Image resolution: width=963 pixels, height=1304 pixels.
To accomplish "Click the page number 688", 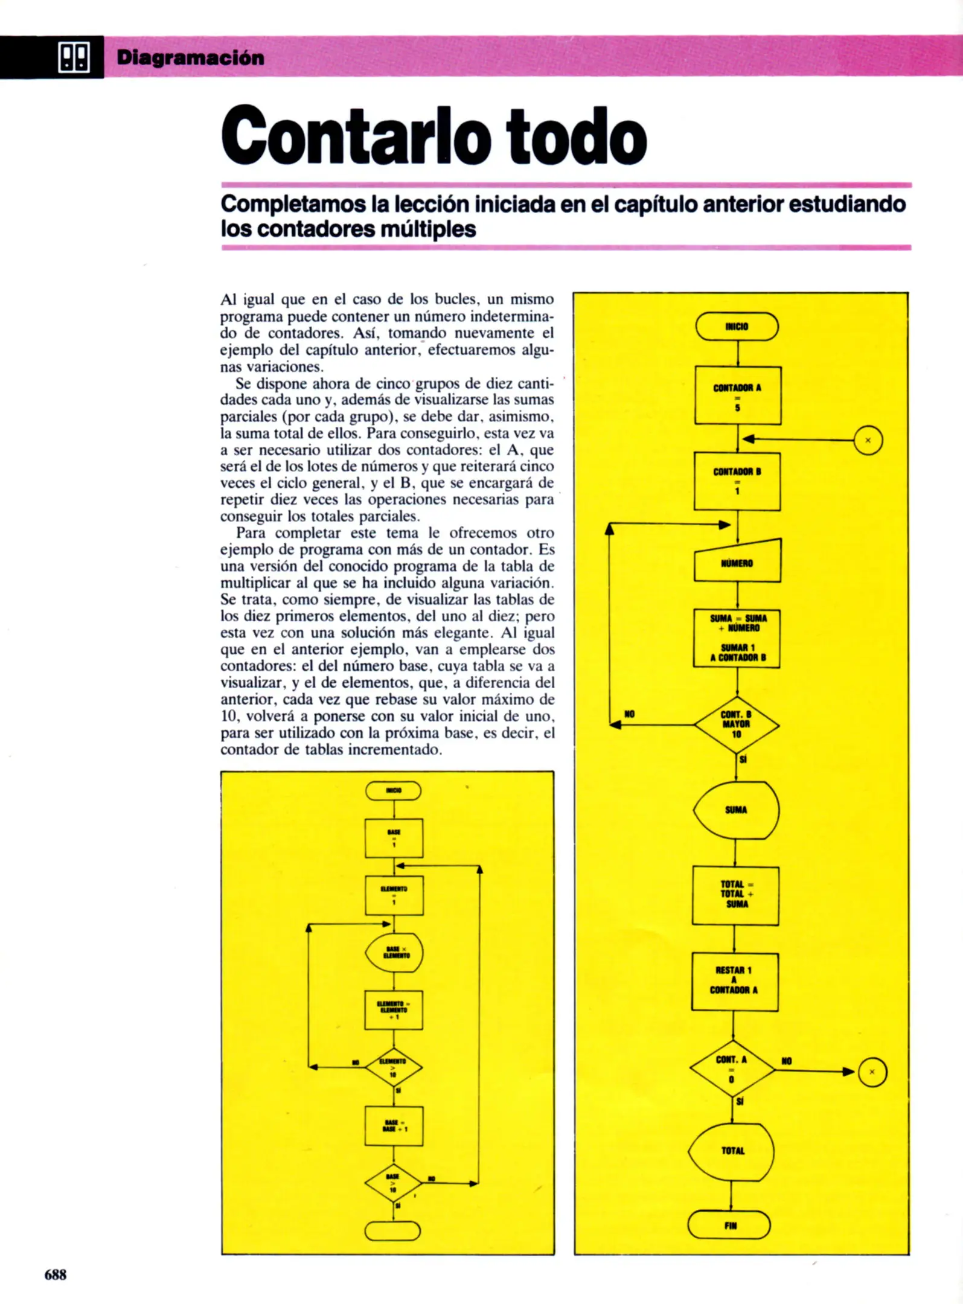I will click(x=55, y=1274).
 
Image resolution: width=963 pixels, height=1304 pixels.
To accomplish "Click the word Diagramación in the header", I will click(x=190, y=58).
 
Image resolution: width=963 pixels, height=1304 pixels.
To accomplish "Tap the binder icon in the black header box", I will click(x=74, y=57).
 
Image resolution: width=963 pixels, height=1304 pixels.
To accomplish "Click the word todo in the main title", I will click(x=577, y=136).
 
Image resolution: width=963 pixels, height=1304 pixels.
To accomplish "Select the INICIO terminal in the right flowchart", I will click(x=737, y=327).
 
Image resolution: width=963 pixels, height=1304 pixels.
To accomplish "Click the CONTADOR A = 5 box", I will click(x=737, y=395).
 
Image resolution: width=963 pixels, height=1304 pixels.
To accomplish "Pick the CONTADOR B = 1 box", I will click(x=737, y=481).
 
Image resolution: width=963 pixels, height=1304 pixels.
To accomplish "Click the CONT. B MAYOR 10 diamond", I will click(x=736, y=724).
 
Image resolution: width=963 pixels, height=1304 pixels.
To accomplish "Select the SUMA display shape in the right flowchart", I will click(x=736, y=810).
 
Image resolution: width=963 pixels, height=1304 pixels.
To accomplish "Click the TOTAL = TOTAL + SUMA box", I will click(x=735, y=895).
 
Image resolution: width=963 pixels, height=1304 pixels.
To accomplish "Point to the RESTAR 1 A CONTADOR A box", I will click(x=734, y=981).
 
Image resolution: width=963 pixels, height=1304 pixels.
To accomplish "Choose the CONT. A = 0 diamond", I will click(x=732, y=1069).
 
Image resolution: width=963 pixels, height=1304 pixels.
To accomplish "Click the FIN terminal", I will click(x=730, y=1226).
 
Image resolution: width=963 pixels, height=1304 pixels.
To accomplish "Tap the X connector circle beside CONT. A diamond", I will click(x=872, y=1072).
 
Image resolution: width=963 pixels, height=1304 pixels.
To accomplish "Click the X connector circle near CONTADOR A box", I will click(x=868, y=440).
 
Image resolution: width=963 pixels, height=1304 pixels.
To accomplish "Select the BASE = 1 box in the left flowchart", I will click(x=394, y=838).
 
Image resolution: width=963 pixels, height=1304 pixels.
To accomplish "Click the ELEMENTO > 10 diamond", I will click(x=393, y=1067).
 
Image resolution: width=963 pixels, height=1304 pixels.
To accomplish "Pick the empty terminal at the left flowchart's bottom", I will click(x=392, y=1231).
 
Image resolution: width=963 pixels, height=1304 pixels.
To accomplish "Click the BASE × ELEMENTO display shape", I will click(x=394, y=952).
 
